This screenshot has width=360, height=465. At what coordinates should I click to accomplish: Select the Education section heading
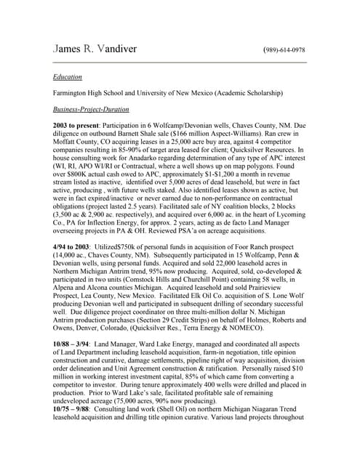68,76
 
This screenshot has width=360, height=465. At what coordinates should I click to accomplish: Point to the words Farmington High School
92,93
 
